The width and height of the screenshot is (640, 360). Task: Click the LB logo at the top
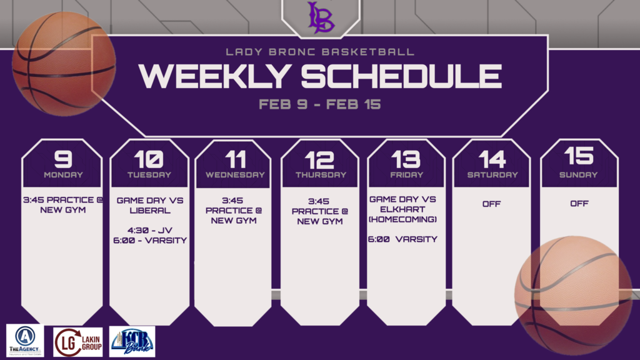321,17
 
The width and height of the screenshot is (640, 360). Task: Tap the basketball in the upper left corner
64,64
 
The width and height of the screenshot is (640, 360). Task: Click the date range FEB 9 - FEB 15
319,104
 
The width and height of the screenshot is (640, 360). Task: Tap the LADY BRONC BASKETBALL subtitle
320,52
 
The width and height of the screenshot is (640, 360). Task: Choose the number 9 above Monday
62,159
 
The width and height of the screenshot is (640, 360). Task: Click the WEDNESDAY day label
235,175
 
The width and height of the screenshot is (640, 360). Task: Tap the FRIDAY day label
406,175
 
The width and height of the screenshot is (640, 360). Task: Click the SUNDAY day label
578,175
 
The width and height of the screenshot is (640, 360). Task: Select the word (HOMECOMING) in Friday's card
406,219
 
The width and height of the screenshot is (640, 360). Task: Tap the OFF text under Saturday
492,204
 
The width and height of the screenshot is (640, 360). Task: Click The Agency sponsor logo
25,341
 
